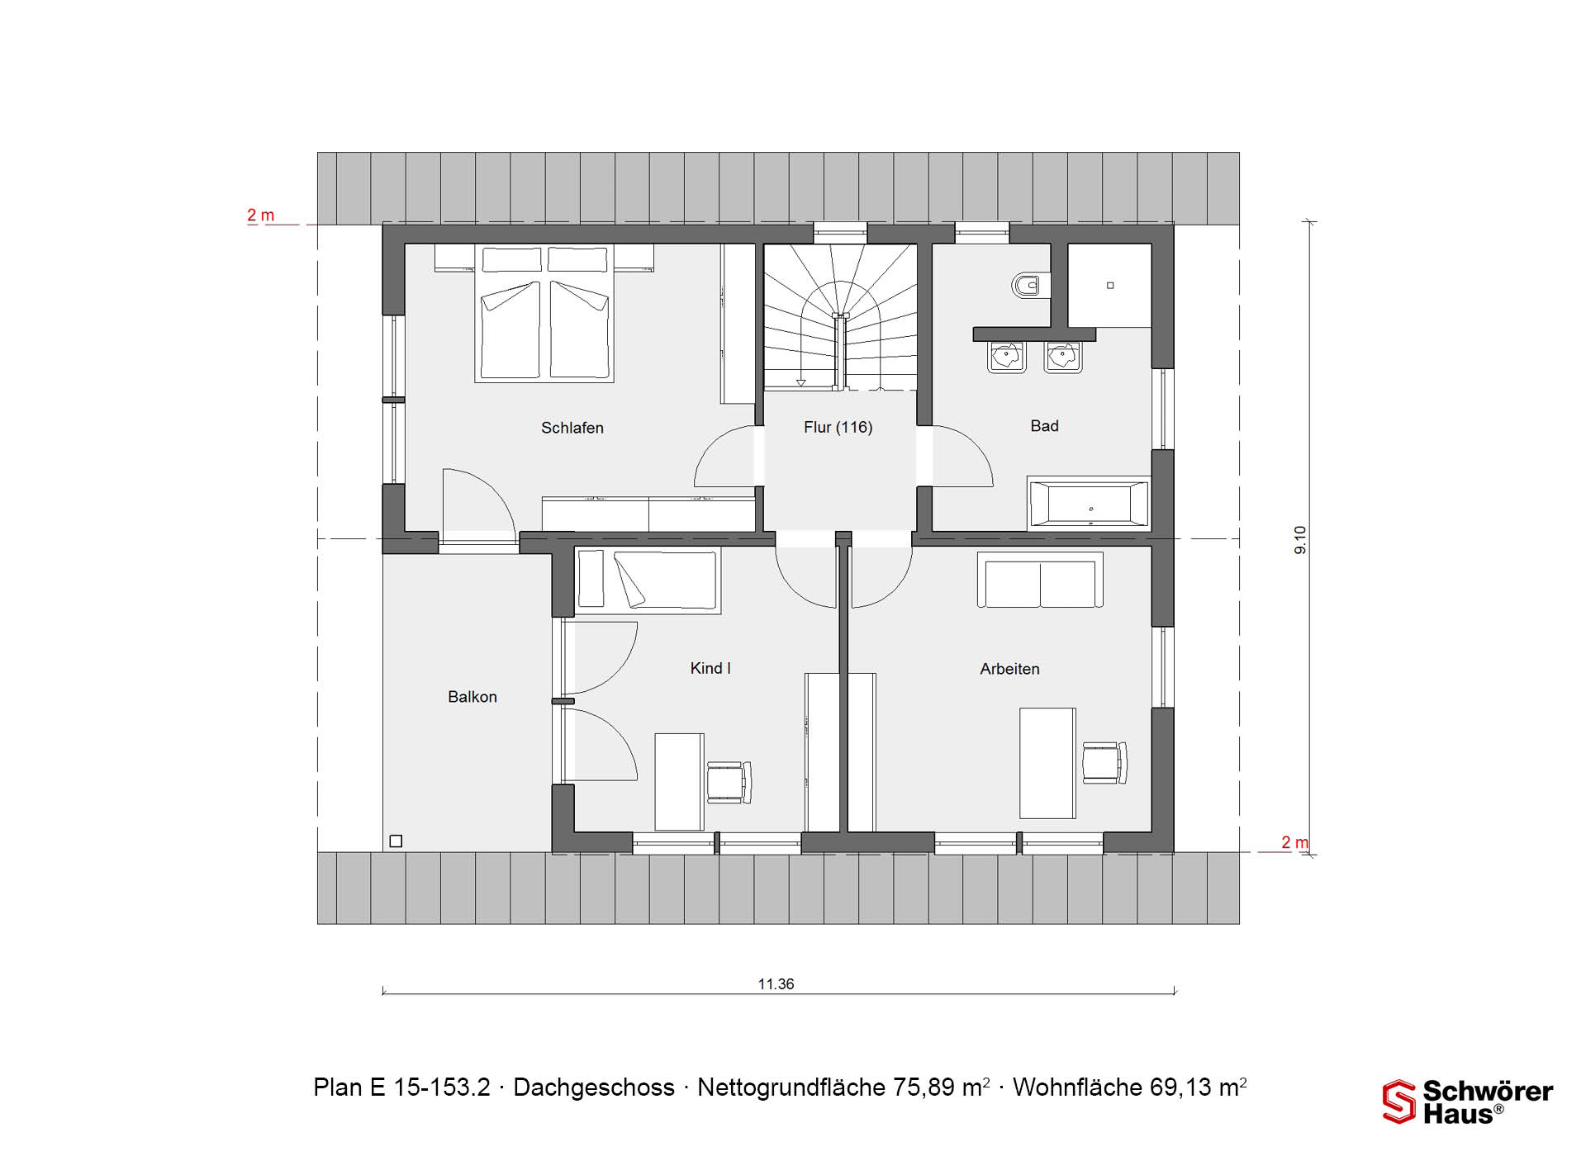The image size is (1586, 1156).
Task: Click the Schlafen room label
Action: point(572,428)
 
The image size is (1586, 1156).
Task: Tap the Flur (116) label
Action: point(838,427)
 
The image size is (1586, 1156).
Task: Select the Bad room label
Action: point(1044,426)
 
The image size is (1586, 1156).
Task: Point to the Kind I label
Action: point(710,668)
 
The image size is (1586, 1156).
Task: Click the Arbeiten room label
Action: point(1009,669)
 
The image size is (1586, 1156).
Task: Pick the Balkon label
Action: point(472,697)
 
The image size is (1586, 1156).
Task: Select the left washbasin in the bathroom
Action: point(1007,357)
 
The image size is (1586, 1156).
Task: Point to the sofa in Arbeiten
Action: point(1040,580)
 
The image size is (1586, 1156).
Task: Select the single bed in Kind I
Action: point(647,580)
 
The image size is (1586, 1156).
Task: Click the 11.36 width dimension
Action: point(776,984)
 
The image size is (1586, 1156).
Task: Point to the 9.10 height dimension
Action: point(1300,540)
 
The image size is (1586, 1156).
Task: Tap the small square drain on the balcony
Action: point(396,841)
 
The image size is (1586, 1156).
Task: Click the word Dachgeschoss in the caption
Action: point(594,1087)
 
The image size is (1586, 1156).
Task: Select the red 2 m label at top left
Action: point(261,216)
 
